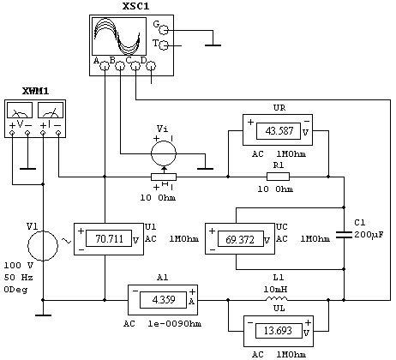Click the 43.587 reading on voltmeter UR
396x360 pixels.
(x=279, y=131)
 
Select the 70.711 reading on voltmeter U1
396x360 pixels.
(x=109, y=238)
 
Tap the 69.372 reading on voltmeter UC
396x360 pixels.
(x=240, y=239)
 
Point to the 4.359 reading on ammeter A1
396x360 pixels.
(x=164, y=300)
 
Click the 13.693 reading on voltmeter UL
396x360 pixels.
(x=278, y=331)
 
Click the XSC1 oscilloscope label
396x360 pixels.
(x=136, y=6)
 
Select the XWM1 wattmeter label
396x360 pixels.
(x=35, y=91)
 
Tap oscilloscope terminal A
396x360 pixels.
(x=105, y=67)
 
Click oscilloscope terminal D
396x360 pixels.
(x=151, y=67)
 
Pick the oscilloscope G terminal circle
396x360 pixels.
(x=164, y=29)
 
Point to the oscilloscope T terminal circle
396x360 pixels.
(x=164, y=45)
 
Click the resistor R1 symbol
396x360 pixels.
(x=278, y=177)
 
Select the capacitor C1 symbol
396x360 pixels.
(x=344, y=235)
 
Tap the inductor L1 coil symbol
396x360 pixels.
(x=277, y=299)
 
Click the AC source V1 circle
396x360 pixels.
(x=43, y=246)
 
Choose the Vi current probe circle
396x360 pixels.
(x=164, y=153)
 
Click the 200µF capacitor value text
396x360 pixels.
(x=369, y=235)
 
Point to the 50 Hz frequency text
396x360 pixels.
(x=18, y=277)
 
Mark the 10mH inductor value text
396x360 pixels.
(x=275, y=289)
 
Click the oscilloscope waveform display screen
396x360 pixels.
(x=119, y=36)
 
